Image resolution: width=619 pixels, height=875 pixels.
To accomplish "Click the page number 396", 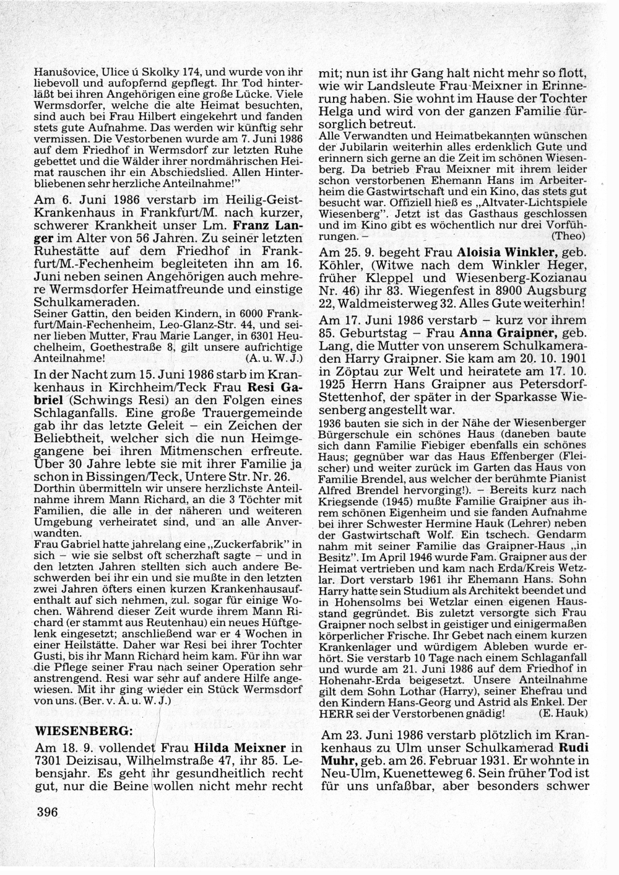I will tap(47, 812).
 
